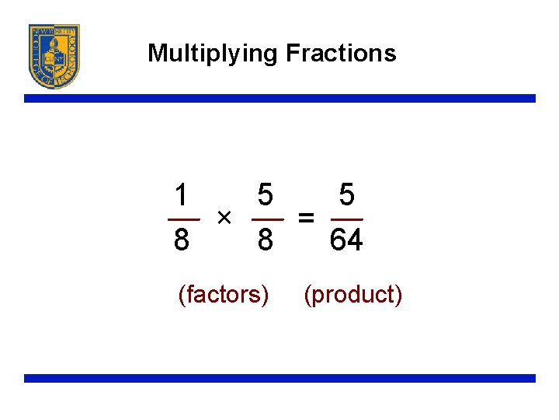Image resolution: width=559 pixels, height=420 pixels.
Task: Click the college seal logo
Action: coord(54,56)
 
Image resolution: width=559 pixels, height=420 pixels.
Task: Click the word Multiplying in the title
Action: coord(212,54)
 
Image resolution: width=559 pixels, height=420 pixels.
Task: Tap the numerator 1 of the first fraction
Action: coord(181,195)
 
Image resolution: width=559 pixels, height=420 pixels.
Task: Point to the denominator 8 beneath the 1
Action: coord(181,240)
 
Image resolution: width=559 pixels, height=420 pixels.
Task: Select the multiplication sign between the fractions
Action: coord(224,215)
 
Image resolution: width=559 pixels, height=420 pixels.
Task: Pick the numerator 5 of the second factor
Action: coord(265,195)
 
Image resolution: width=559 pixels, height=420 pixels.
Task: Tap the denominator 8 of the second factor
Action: coord(265,240)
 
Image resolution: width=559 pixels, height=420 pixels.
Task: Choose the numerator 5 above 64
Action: coord(347,195)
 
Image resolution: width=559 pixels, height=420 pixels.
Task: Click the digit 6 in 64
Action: coord(338,240)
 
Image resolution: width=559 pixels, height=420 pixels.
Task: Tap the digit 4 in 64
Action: coord(355,240)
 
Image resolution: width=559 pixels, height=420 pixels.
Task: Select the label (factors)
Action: coord(224,295)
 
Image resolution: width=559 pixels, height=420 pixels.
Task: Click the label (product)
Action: coord(353,295)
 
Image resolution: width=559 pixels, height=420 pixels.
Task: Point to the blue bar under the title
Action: coord(279,99)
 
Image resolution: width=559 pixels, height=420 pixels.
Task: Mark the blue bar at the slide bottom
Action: coord(279,378)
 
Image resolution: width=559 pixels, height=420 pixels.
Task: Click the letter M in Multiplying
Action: coord(157,53)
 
